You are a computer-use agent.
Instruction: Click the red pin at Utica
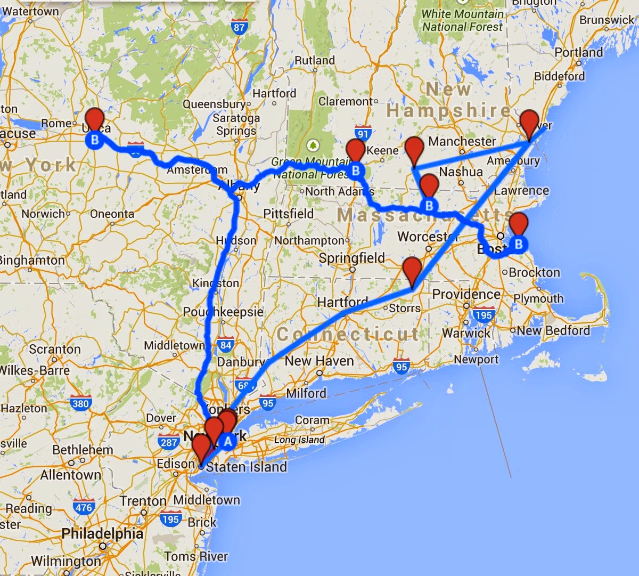point(95,118)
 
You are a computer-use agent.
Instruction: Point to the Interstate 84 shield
point(226,345)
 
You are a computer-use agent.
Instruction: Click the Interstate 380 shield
point(80,403)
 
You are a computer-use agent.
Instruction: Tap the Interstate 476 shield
point(84,507)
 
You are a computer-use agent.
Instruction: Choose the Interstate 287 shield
point(168,442)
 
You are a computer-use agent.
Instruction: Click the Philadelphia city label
point(102,534)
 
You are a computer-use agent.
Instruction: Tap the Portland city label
point(579,52)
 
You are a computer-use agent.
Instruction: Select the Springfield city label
point(351,258)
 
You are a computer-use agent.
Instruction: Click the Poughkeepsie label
point(223,312)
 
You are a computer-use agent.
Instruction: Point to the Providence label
point(466,294)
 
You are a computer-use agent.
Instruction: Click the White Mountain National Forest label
point(462,20)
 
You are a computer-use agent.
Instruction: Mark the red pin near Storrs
point(412,269)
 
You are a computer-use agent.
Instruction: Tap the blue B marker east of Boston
point(519,245)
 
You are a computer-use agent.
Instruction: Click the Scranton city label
point(55,350)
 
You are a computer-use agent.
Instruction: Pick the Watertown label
point(30,11)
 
